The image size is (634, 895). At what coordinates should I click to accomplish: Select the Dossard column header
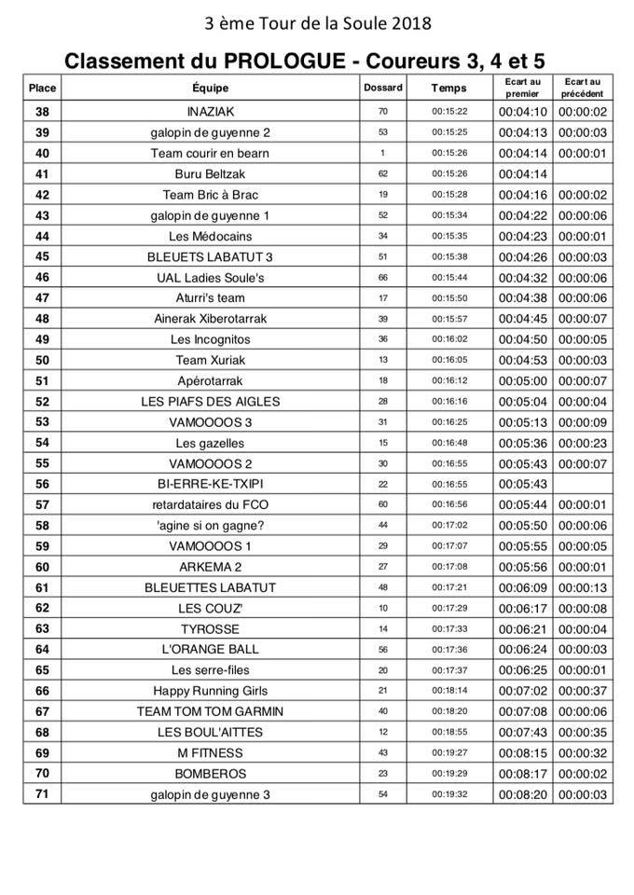[382, 88]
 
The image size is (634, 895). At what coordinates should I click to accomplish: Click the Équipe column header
[210, 88]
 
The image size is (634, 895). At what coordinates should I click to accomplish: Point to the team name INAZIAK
[210, 112]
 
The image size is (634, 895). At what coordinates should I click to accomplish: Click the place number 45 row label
[42, 256]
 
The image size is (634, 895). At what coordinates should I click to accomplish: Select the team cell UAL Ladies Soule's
[210, 278]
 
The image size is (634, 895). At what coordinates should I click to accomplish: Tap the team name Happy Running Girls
[210, 691]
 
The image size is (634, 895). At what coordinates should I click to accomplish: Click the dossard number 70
[382, 112]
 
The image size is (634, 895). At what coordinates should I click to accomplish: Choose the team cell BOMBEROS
[210, 774]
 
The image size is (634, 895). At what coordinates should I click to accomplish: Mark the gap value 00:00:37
[583, 691]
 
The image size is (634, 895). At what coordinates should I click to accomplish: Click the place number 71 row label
[42, 794]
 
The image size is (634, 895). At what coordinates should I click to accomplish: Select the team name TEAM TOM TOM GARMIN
[210, 711]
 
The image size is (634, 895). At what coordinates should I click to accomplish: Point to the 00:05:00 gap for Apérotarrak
[523, 380]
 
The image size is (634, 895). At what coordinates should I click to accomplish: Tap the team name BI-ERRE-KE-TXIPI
[210, 484]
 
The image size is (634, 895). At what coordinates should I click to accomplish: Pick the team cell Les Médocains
[210, 236]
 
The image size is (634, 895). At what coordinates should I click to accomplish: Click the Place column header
[42, 88]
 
